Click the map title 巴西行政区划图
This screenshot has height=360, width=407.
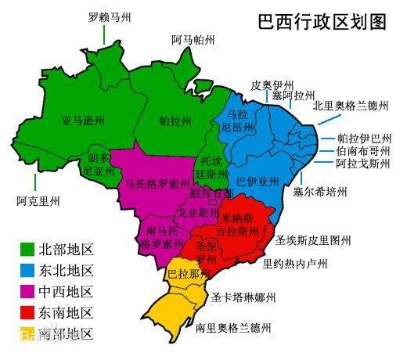point(322,22)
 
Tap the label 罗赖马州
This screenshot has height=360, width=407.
point(110,16)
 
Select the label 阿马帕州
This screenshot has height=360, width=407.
point(193,40)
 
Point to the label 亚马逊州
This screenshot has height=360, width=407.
point(83,121)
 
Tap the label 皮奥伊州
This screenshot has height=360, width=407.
point(272,85)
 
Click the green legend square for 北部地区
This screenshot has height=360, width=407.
point(27,250)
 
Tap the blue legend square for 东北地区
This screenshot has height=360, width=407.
point(27,271)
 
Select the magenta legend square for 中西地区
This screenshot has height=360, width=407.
point(27,292)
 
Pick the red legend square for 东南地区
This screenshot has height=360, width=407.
point(27,313)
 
